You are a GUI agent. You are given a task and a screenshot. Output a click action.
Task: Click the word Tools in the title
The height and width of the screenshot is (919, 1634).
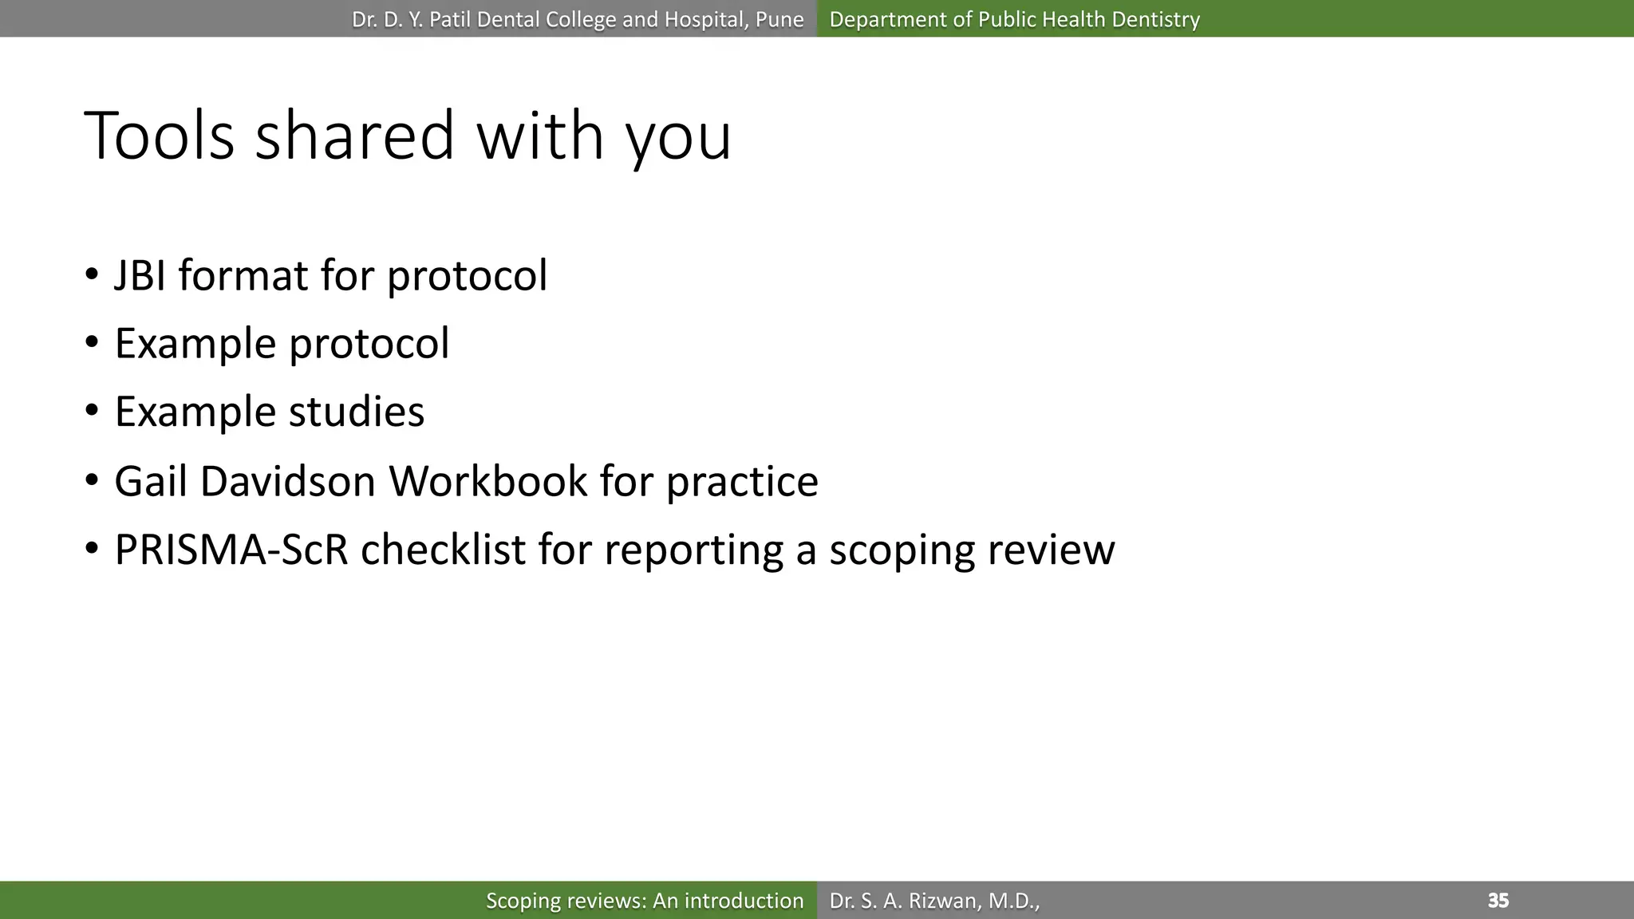pos(159,136)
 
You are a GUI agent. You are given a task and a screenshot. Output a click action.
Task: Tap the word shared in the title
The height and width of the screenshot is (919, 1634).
pos(354,136)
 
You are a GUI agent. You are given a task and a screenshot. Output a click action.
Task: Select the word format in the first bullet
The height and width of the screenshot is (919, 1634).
pos(243,276)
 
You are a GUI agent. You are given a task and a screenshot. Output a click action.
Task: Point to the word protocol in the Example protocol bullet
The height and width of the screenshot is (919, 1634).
pos(369,345)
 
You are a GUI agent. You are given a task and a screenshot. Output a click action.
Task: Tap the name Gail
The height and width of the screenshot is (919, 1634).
pos(151,482)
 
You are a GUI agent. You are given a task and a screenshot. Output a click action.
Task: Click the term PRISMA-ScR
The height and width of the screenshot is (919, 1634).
pos(231,550)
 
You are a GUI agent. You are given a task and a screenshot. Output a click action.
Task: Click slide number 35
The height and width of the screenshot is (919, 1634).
pos(1498,901)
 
